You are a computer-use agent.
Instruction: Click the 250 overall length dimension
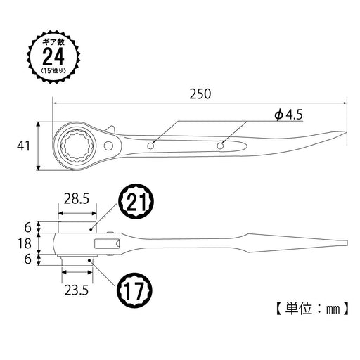click(200, 93)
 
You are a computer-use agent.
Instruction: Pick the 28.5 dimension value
click(75, 199)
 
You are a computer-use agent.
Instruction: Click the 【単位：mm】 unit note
click(307, 307)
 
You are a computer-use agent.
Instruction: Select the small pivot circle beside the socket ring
click(111, 146)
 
